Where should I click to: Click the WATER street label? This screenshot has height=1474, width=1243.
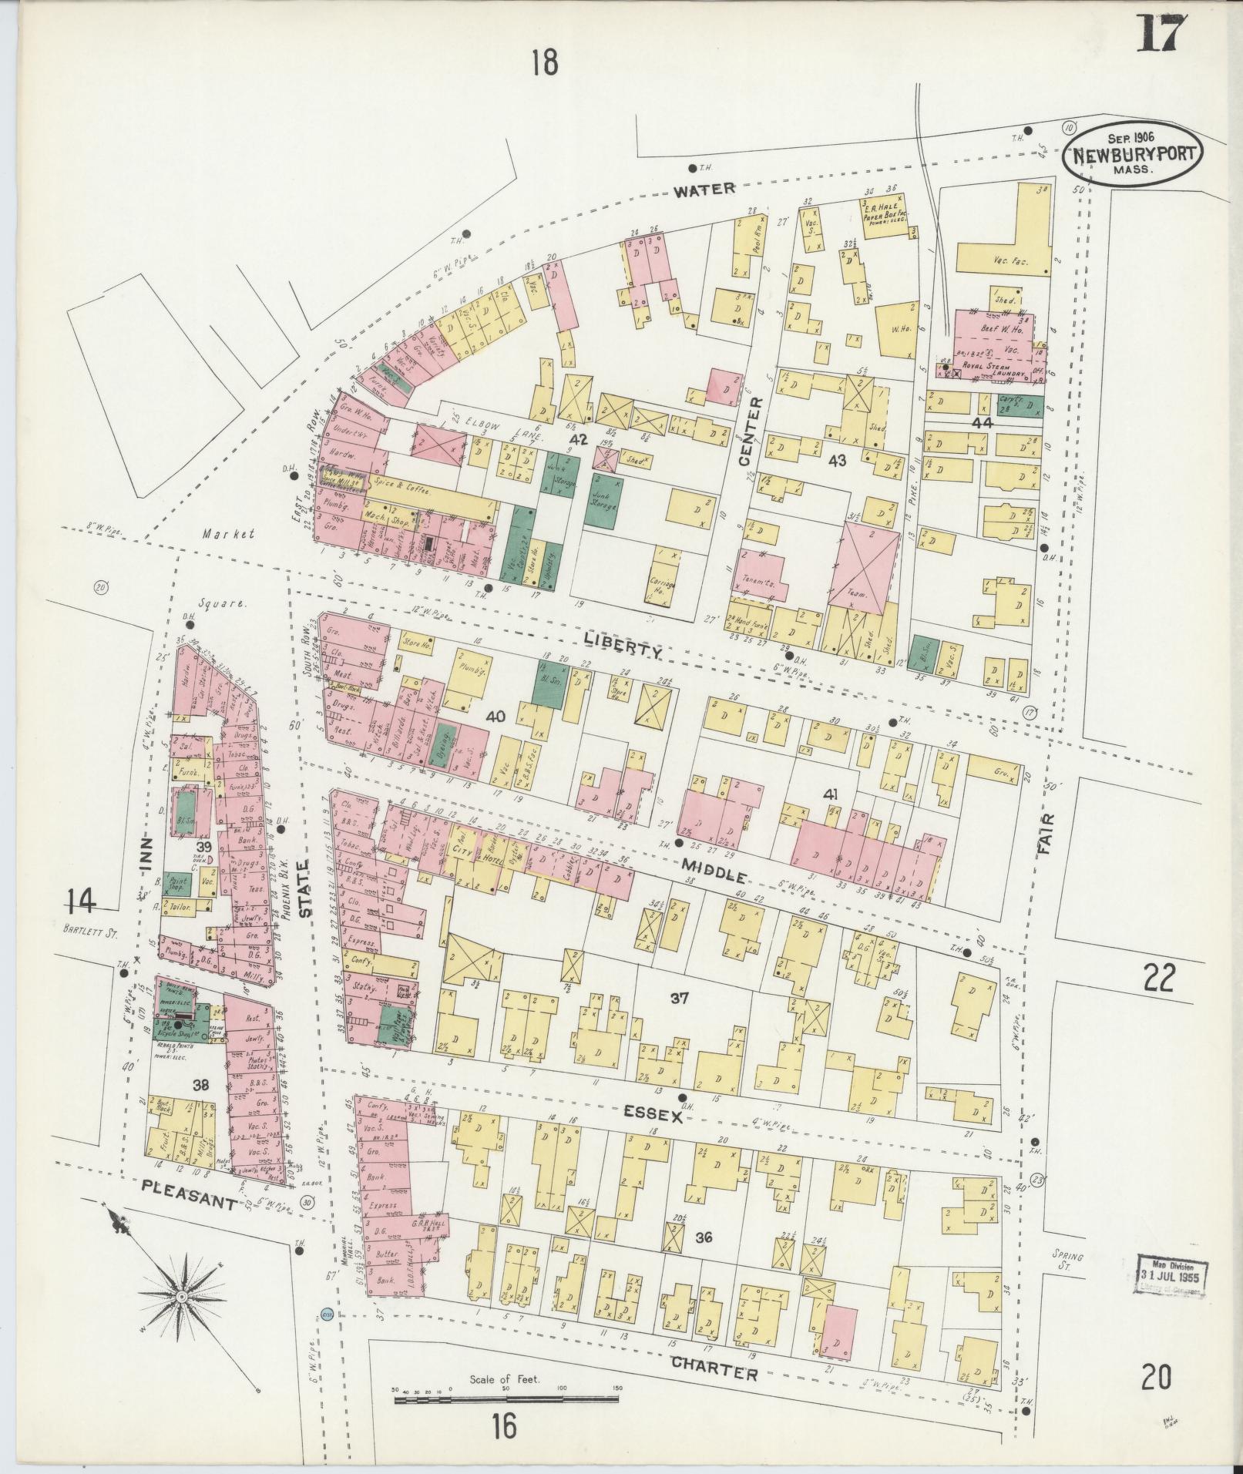(x=704, y=189)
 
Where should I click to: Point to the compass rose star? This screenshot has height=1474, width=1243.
(x=183, y=1298)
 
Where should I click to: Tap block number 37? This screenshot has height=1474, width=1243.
(x=678, y=999)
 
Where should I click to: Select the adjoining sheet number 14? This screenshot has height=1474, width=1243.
(x=82, y=900)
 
